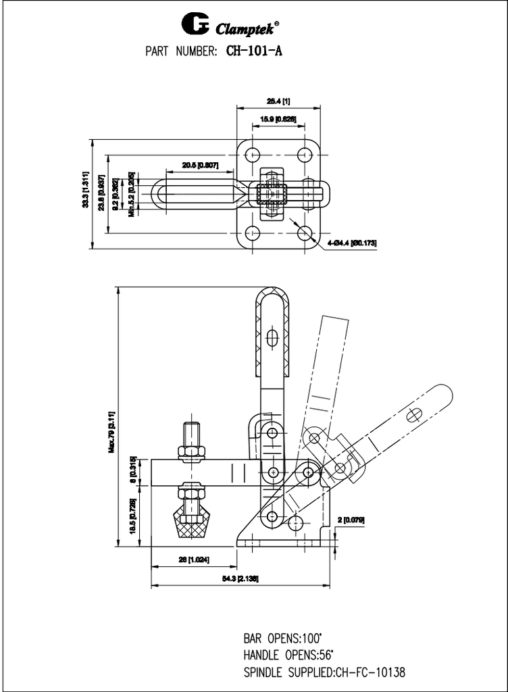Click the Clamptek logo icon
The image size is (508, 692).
point(195,26)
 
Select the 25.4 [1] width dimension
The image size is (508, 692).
point(278,101)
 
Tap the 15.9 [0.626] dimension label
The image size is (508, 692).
point(278,120)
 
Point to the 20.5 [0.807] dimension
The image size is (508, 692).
point(200,165)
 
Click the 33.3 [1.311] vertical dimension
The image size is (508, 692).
point(86,191)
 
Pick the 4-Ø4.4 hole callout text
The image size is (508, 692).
point(351,242)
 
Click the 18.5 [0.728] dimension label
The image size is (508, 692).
point(133,515)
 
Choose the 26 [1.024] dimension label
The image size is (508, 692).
point(193,560)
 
